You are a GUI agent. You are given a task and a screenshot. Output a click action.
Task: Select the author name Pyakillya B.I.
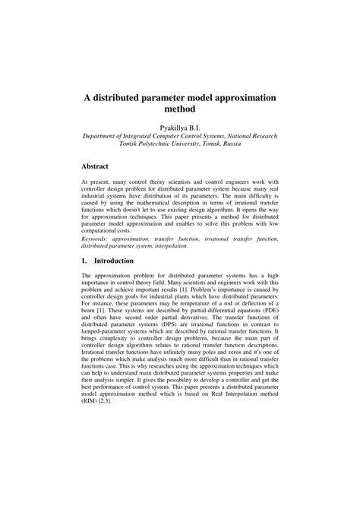tap(180, 126)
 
